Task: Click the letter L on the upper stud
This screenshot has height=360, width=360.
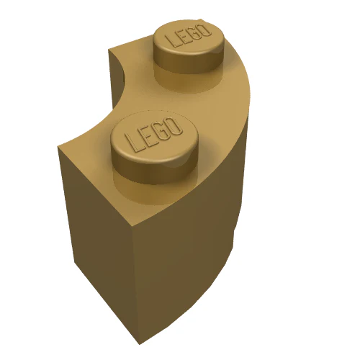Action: (x=171, y=40)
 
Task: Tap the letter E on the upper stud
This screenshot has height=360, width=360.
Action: (x=184, y=36)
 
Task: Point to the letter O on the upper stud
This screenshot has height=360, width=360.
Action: (x=205, y=30)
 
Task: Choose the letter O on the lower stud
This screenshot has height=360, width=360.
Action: (x=175, y=126)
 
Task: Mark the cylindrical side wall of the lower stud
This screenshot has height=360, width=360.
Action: (x=153, y=171)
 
